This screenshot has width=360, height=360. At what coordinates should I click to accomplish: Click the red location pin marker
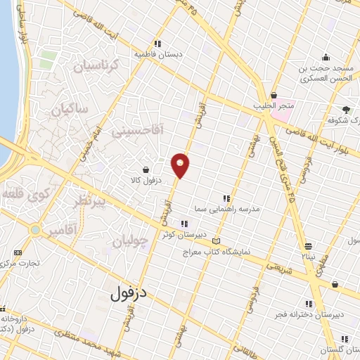pyautogui.click(x=180, y=165)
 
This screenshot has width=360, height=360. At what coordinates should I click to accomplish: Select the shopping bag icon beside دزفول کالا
pyautogui.click(x=146, y=169)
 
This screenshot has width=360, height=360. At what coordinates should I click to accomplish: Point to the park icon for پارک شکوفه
pyautogui.click(x=346, y=109)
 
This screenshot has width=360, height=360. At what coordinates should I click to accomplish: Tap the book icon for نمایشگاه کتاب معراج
pyautogui.click(x=216, y=241)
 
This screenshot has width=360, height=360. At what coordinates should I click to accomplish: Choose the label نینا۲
pyautogui.click(x=309, y=257)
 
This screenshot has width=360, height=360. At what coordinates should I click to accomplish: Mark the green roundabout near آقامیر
pyautogui.click(x=34, y=230)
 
